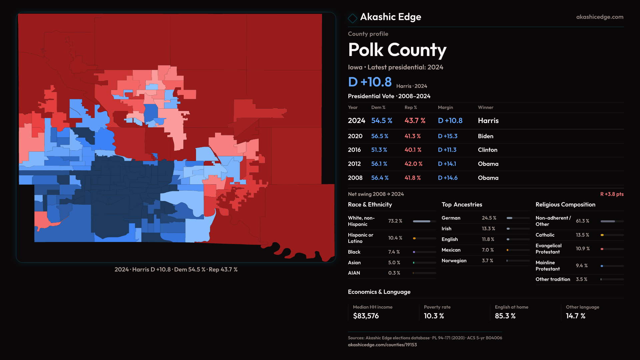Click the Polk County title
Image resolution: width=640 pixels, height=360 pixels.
point(397,50)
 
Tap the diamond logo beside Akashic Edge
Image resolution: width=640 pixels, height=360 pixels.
point(352,18)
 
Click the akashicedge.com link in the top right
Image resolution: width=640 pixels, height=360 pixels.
point(600,17)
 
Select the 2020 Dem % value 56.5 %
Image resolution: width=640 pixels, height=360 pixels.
point(380,136)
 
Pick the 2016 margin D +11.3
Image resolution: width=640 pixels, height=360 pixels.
point(447,150)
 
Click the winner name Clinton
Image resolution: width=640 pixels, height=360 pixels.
point(487,150)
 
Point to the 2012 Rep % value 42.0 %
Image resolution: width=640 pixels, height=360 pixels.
point(413,164)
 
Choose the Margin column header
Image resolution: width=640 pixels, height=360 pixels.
point(445,107)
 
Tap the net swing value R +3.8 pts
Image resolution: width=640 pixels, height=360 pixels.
point(612,194)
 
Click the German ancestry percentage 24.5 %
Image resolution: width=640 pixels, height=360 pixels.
point(489,218)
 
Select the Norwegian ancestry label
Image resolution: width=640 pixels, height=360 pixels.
point(454,261)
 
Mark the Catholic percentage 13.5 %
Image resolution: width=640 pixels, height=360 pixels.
point(582,235)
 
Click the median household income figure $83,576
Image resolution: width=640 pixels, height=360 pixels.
point(366,316)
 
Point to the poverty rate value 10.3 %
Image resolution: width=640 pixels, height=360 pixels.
point(434,316)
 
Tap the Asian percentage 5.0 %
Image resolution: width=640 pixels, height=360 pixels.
point(394,263)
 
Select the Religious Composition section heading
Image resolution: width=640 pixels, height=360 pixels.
point(565,205)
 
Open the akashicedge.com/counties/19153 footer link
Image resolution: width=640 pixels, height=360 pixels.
point(382,345)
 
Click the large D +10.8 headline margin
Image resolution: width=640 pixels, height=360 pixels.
point(370,82)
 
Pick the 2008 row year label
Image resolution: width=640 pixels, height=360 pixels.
point(355,178)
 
